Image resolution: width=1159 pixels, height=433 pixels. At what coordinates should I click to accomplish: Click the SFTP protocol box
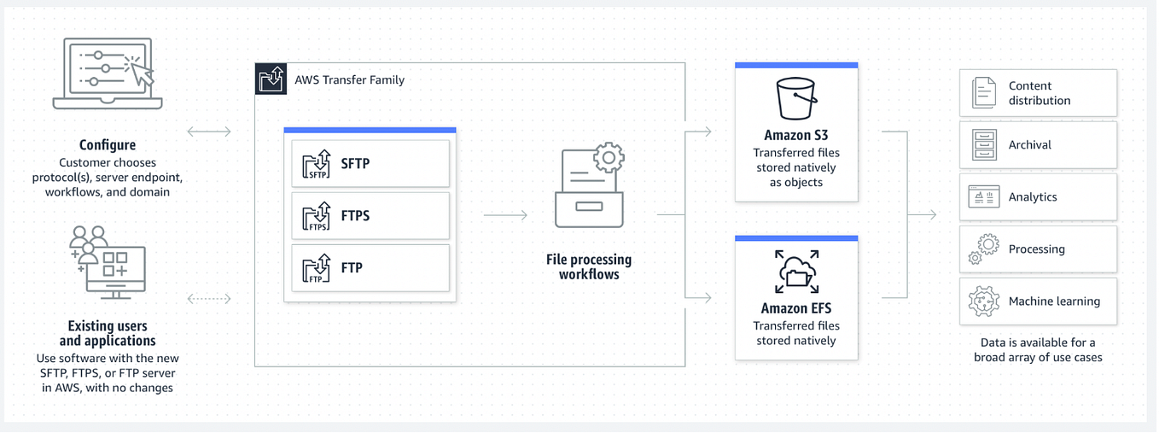pyautogui.click(x=370, y=163)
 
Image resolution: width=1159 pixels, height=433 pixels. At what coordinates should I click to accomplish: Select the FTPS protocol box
pyautogui.click(x=370, y=215)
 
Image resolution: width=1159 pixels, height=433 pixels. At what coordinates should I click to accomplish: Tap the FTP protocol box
pyautogui.click(x=370, y=267)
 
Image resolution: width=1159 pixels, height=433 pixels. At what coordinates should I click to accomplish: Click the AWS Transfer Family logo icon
pyautogui.click(x=271, y=79)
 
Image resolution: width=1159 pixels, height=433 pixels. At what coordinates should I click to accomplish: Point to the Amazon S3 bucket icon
pyautogui.click(x=796, y=98)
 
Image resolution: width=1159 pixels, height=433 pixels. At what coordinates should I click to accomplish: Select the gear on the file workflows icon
pyautogui.click(x=609, y=158)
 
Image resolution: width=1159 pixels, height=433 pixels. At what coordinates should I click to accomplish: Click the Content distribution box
pyautogui.click(x=1038, y=93)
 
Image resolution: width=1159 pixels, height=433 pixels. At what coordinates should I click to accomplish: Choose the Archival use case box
pyautogui.click(x=1038, y=145)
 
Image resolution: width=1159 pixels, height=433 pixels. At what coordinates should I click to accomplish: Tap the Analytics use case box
pyautogui.click(x=1038, y=197)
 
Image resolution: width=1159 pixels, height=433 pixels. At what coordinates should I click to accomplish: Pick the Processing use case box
pyautogui.click(x=1038, y=249)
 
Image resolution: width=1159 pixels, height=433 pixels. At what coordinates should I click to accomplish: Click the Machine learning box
pyautogui.click(x=1038, y=301)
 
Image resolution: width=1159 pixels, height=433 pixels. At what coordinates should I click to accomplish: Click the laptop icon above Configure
pyautogui.click(x=108, y=73)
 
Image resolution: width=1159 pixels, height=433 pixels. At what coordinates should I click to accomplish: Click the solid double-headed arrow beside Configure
pyautogui.click(x=209, y=132)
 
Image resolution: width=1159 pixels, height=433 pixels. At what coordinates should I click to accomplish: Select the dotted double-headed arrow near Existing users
pyautogui.click(x=209, y=299)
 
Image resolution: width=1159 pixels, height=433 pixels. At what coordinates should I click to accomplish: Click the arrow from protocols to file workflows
pyautogui.click(x=505, y=215)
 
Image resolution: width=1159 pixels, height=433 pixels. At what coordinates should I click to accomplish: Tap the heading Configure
pyautogui.click(x=108, y=145)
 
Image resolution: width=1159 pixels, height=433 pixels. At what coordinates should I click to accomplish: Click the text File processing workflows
pyautogui.click(x=589, y=266)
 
